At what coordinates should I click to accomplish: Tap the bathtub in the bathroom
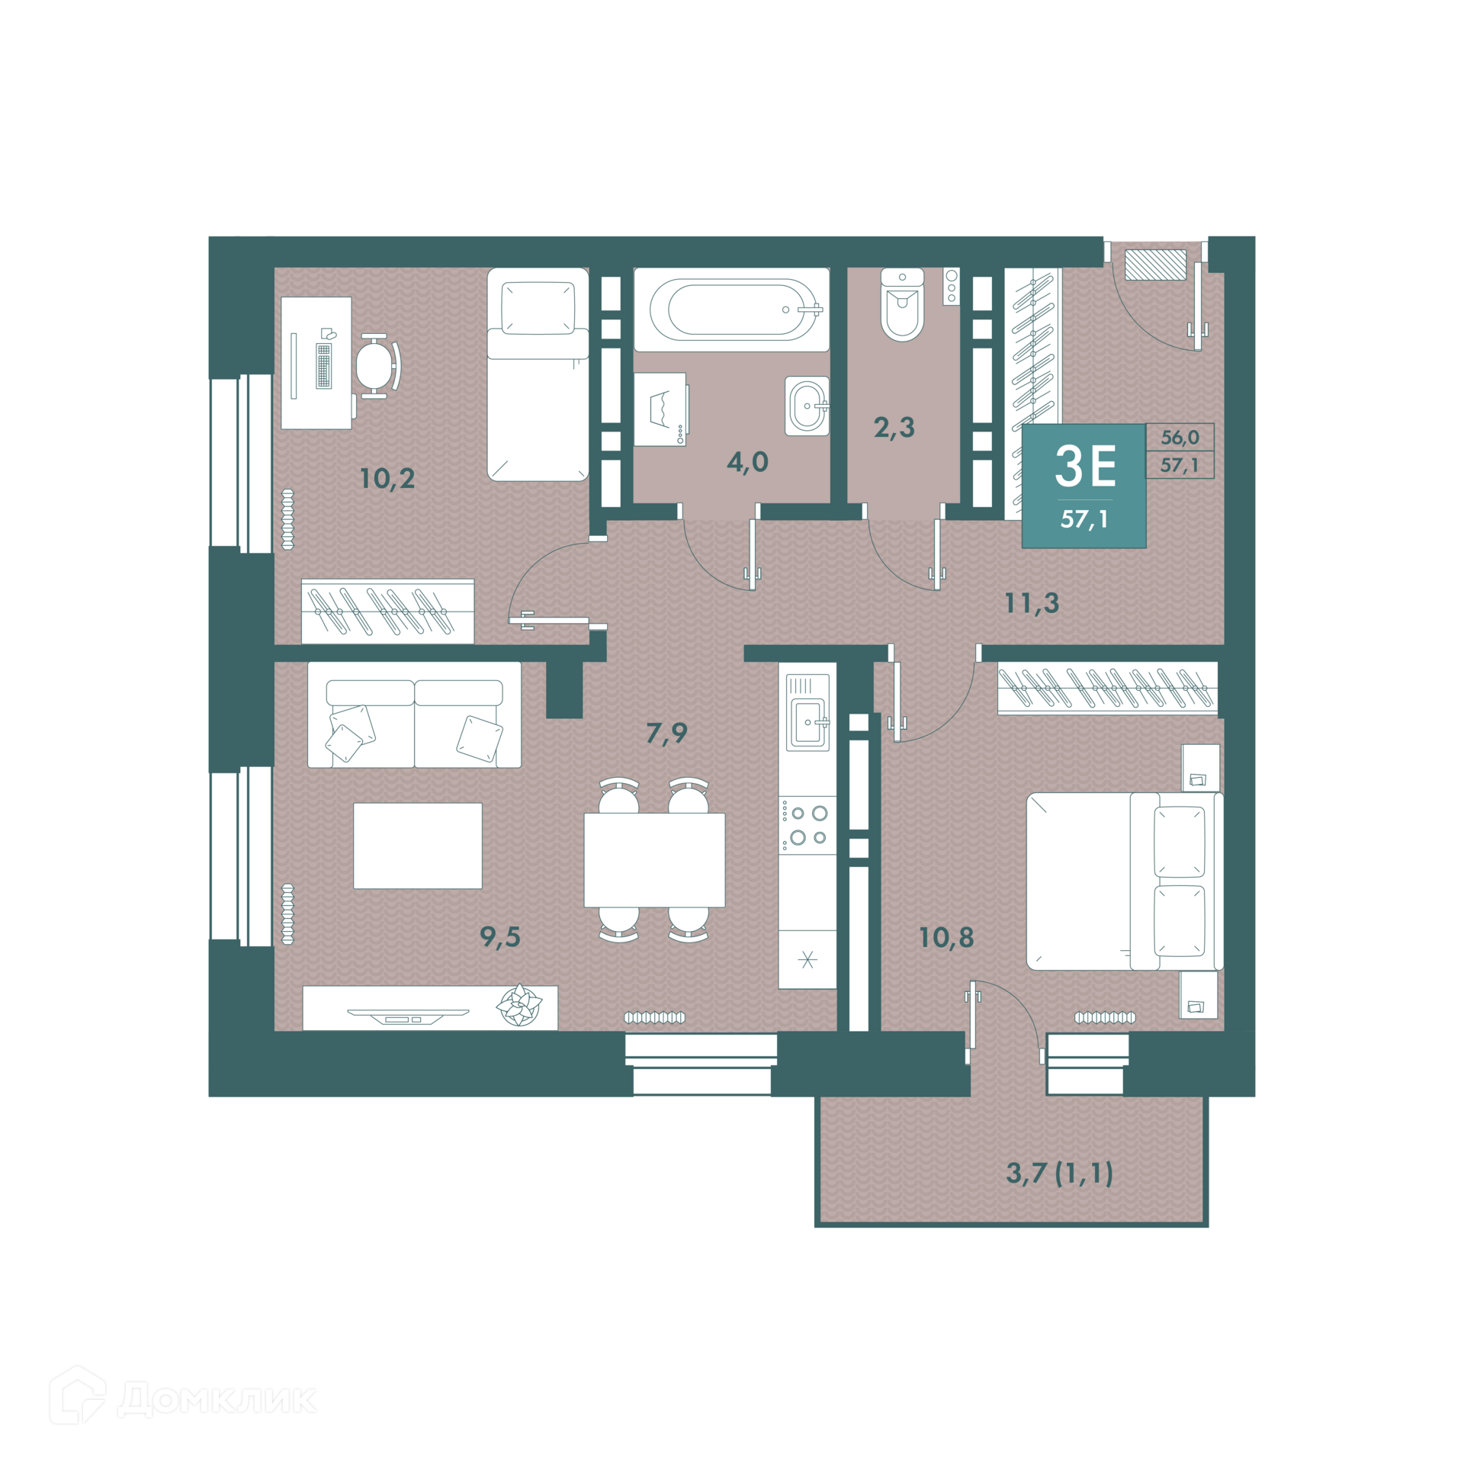point(731,310)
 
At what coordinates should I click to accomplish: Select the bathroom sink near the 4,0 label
point(807,406)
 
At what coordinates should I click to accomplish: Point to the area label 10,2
point(387,479)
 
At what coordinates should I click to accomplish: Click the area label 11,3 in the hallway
point(1032,603)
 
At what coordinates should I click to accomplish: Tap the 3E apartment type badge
point(1084,486)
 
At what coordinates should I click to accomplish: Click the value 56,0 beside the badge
point(1180,438)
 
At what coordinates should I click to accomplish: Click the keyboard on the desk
point(323,366)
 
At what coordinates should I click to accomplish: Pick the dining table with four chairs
point(654,860)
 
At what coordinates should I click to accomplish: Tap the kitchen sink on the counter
point(808,721)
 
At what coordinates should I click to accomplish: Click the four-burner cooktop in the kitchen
point(807,825)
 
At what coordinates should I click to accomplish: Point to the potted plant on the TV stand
point(519,1004)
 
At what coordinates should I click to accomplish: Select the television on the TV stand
point(408,1016)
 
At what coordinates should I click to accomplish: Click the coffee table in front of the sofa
point(418,846)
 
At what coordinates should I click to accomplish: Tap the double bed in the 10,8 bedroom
point(1125,881)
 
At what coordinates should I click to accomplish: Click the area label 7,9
point(666,733)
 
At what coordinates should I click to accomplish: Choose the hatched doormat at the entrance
point(1156,265)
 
